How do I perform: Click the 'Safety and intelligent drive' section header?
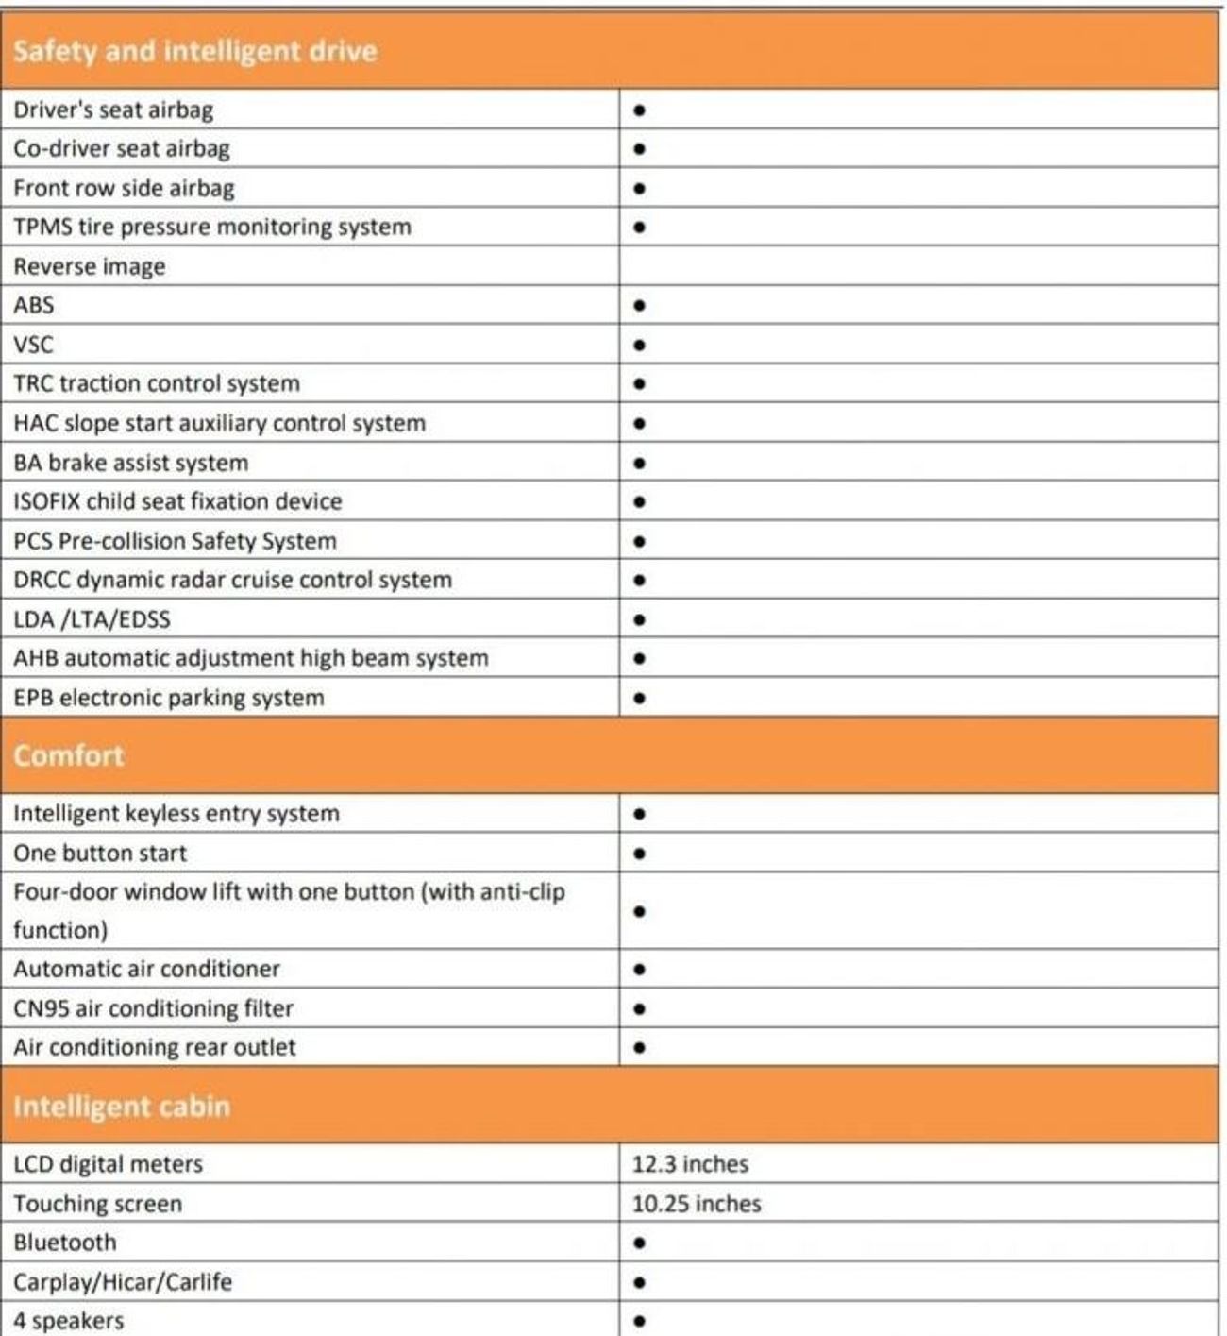(195, 51)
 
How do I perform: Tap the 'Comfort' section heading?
(69, 755)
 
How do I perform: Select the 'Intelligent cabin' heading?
(122, 1106)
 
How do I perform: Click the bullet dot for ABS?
(640, 306)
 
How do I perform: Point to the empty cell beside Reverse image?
(917, 266)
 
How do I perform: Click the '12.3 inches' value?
(690, 1164)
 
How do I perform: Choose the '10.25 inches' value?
(697, 1204)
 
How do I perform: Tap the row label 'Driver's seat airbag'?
(113, 110)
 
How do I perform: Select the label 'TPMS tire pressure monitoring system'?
(212, 228)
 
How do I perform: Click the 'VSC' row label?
(34, 345)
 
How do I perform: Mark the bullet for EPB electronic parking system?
(640, 699)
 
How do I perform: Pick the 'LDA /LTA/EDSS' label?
(92, 619)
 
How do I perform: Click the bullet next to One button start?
(640, 854)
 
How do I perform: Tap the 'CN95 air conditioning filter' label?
(154, 1008)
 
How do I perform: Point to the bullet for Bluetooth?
(640, 1243)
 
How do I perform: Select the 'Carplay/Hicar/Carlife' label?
(123, 1282)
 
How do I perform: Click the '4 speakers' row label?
(69, 1321)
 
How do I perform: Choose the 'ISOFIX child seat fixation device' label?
(178, 501)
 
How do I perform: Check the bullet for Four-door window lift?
(640, 911)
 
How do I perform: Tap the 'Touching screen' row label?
(98, 1204)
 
